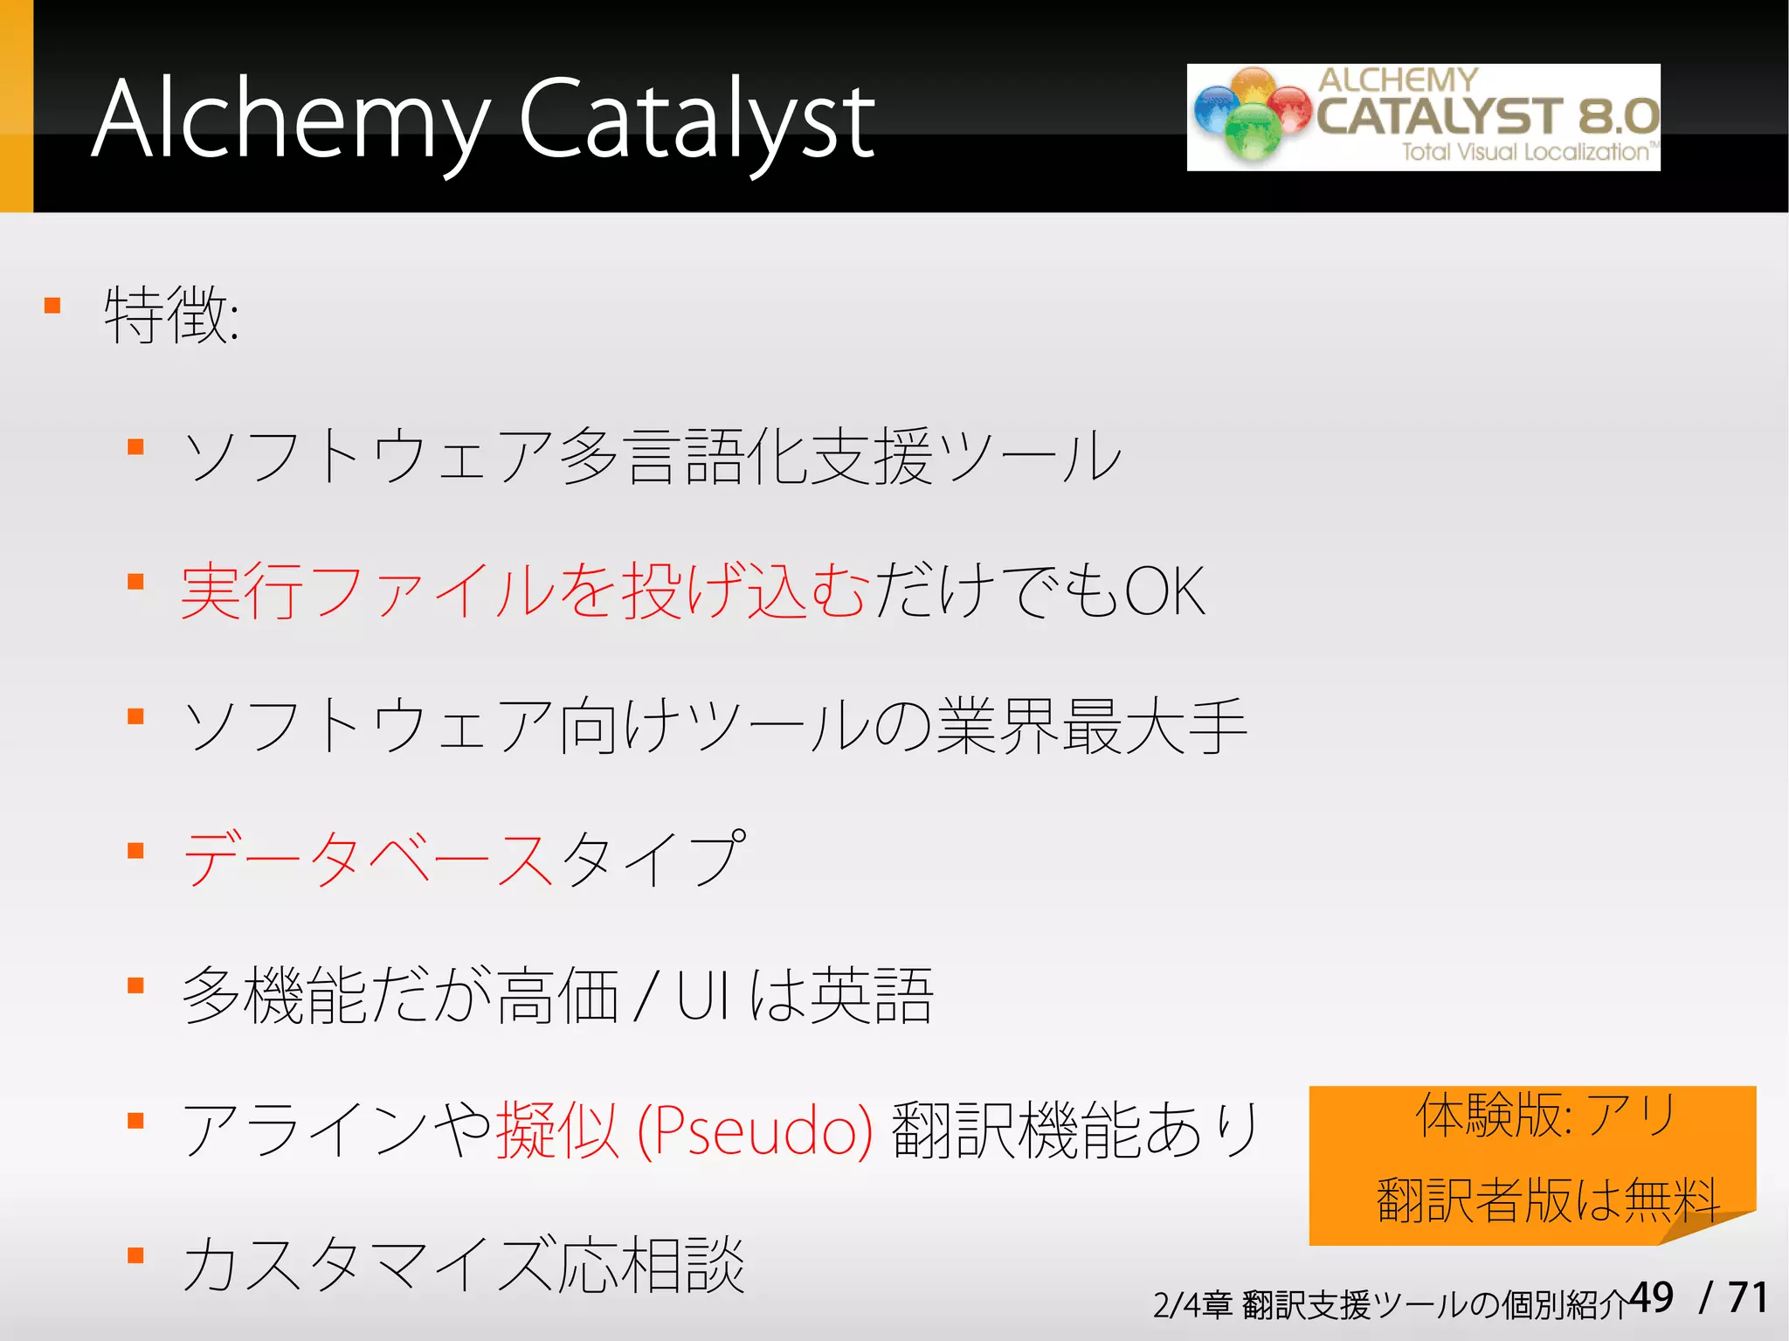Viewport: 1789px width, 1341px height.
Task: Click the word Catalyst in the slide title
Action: [x=696, y=120]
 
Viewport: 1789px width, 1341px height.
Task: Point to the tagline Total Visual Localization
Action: [x=1525, y=152]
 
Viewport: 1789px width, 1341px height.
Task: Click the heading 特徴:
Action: [x=171, y=315]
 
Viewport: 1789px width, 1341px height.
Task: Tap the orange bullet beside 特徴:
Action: [x=52, y=306]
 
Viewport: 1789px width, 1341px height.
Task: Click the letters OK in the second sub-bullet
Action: [x=1164, y=592]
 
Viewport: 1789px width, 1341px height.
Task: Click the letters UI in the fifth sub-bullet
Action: [x=703, y=996]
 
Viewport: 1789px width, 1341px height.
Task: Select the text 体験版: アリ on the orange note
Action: [x=1544, y=1116]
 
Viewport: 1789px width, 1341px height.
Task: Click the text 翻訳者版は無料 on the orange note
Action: [x=1548, y=1199]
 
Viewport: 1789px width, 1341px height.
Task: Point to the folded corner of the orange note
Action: [x=1708, y=1227]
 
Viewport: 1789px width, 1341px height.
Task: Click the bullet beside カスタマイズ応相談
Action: [x=135, y=1255]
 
